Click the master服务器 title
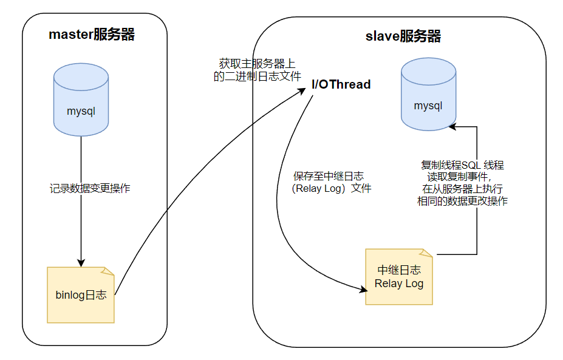(92, 34)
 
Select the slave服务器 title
(403, 36)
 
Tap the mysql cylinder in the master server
(81, 101)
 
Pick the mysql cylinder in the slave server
(428, 95)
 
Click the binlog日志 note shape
(81, 294)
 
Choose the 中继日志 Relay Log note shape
(399, 277)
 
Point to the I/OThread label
(341, 84)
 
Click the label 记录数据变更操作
(90, 188)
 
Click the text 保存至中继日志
(329, 176)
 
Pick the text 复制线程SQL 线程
(462, 165)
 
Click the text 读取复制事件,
(460, 177)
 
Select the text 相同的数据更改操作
(462, 202)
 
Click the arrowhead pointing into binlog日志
(81, 260)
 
